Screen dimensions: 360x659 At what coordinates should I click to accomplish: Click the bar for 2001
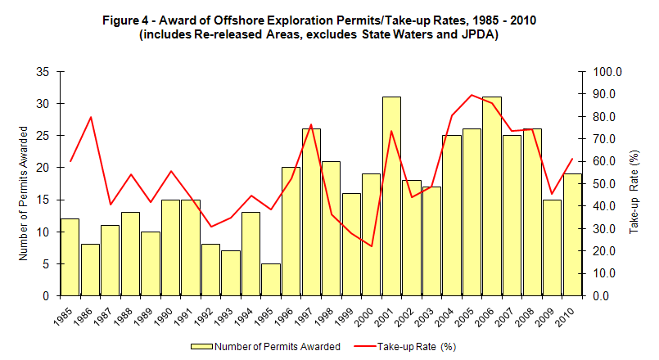pyautogui.click(x=391, y=196)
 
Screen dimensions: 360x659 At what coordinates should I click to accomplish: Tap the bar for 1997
pyautogui.click(x=311, y=212)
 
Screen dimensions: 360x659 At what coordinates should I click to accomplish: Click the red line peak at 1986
pyautogui.click(x=90, y=117)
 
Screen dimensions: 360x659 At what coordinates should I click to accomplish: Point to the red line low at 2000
pyautogui.click(x=372, y=246)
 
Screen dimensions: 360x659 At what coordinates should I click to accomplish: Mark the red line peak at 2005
pyautogui.click(x=472, y=95)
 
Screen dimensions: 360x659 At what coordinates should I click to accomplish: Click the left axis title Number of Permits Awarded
pyautogui.click(x=24, y=193)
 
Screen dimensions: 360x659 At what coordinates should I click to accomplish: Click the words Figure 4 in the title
pyautogui.click(x=127, y=20)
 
